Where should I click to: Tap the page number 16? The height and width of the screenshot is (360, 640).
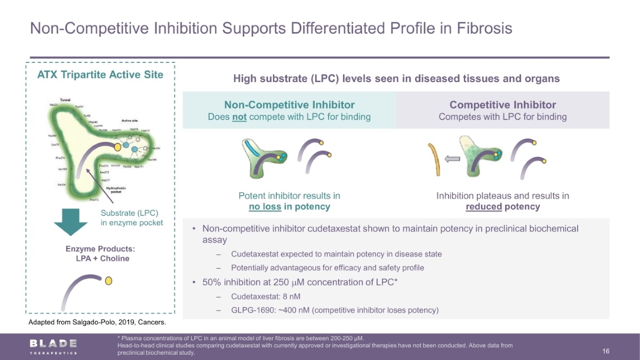[606, 351]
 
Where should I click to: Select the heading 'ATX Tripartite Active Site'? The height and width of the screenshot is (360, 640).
[100, 74]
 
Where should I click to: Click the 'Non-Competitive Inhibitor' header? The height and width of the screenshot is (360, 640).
[289, 105]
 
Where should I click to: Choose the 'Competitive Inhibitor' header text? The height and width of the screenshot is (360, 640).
[502, 105]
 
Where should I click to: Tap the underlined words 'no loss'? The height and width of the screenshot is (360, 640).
[265, 206]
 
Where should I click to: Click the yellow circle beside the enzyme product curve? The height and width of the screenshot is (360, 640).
[109, 281]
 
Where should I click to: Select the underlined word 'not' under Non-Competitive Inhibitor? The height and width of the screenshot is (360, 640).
[239, 117]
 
